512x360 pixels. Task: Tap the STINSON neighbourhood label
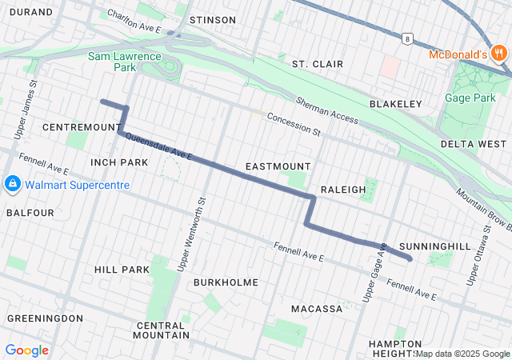(x=211, y=19)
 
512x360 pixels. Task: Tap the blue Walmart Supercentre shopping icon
(x=12, y=185)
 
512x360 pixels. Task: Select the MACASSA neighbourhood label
(x=316, y=308)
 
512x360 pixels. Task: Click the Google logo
(x=26, y=350)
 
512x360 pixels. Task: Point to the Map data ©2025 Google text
(x=463, y=354)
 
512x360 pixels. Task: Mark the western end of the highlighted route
(x=102, y=102)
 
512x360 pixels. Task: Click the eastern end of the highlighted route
(x=410, y=258)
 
